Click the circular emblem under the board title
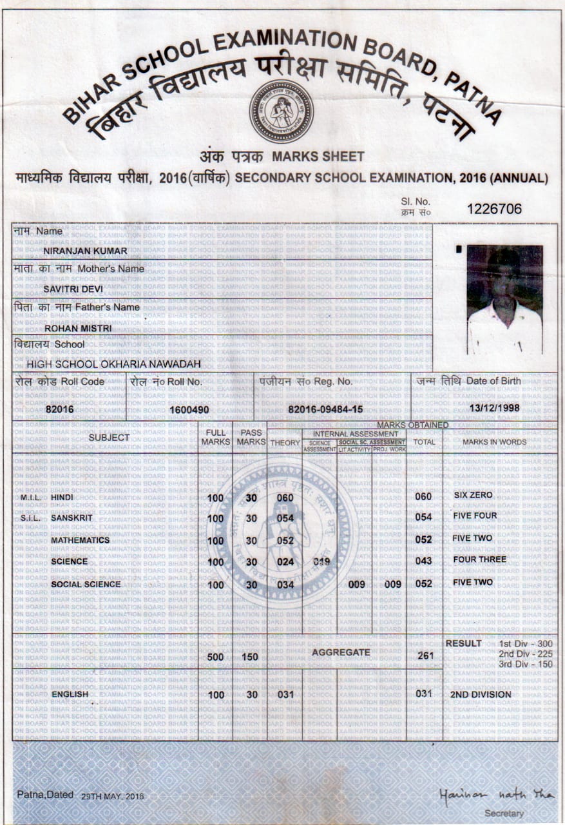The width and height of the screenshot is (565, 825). [x=281, y=112]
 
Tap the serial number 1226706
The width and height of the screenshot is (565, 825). [x=494, y=209]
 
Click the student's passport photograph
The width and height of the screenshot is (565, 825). [x=504, y=300]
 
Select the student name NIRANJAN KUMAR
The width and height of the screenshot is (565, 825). [x=76, y=251]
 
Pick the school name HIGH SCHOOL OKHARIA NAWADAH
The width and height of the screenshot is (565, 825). [x=113, y=364]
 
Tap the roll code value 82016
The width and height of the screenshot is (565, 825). [x=59, y=409]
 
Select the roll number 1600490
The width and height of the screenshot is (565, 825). [x=189, y=409]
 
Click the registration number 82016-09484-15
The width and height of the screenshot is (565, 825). [x=325, y=409]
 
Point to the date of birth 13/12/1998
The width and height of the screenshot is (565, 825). [x=495, y=408]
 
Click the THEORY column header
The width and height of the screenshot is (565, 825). [x=285, y=443]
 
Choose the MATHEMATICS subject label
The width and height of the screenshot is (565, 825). [x=81, y=540]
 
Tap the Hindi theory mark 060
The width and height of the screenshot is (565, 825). [x=285, y=498]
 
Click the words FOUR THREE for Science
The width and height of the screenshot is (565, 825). [x=479, y=559]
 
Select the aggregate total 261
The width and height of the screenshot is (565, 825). [x=424, y=656]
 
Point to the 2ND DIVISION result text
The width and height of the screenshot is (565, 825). [x=480, y=695]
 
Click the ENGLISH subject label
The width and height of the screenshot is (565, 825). [x=70, y=694]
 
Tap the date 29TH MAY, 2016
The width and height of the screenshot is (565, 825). [x=113, y=797]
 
